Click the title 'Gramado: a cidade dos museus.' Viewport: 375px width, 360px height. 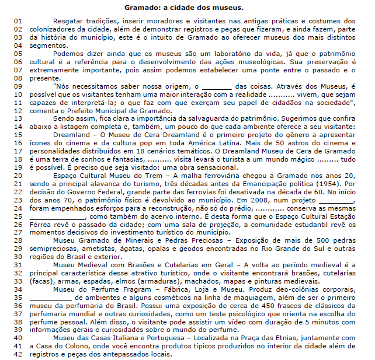click(187, 8)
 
